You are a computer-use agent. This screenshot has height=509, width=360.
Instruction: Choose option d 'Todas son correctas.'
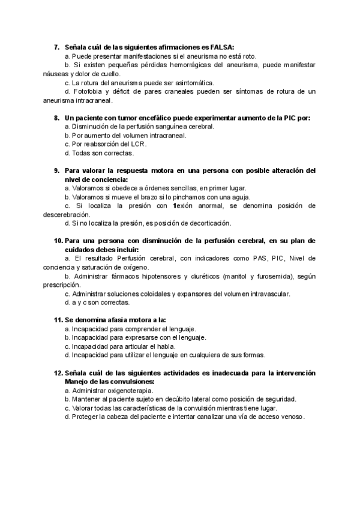91,153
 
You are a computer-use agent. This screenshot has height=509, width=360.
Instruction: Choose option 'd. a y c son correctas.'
96,303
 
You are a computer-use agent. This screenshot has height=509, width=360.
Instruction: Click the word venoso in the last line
290,417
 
